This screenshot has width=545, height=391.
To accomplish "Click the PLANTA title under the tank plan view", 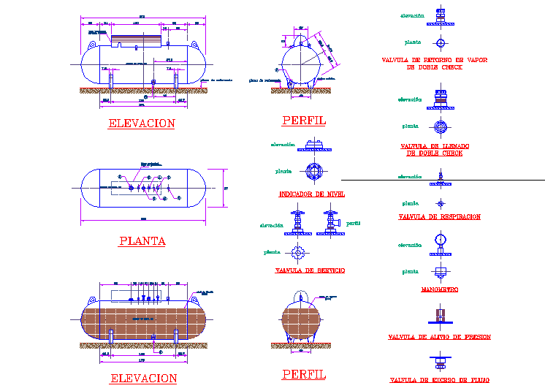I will click(142, 240).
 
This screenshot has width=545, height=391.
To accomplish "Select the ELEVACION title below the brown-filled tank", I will click(143, 379).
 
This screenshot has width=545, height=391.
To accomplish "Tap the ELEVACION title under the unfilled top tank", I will click(142, 124).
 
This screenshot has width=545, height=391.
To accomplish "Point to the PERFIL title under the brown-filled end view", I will click(304, 374).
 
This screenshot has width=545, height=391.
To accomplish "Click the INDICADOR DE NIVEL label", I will click(312, 194).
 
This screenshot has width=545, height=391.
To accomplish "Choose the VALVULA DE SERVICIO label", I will click(310, 270).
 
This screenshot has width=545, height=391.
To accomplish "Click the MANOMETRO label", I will click(439, 290).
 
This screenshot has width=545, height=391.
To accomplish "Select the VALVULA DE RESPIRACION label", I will click(439, 217).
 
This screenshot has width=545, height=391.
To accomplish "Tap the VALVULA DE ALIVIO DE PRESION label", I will click(439, 338).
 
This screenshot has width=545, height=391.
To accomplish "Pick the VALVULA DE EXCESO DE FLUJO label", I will click(439, 380).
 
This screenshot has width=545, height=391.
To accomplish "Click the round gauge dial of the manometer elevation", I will click(440, 239).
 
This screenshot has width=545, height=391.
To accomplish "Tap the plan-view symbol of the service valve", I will click(298, 253).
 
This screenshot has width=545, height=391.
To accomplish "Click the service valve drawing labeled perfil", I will click(330, 223).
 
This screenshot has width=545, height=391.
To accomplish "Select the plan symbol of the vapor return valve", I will click(440, 42).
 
